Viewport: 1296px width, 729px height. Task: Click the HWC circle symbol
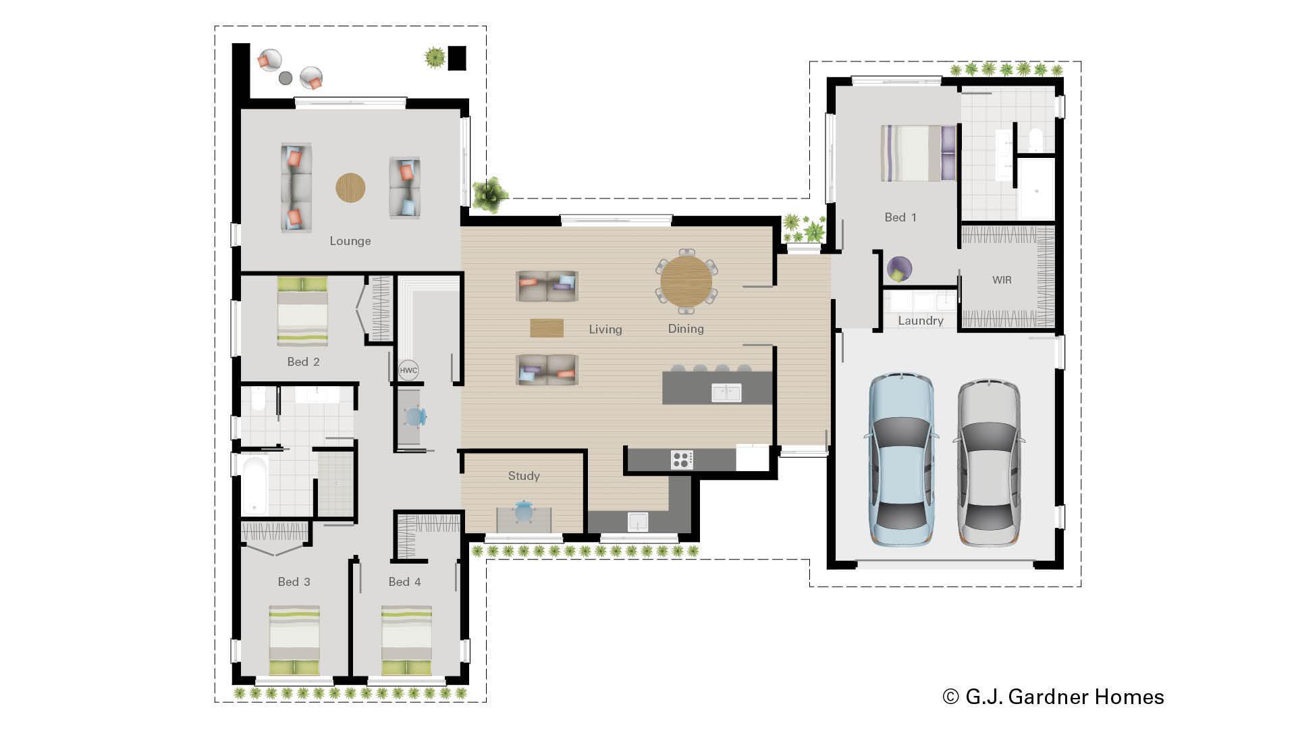408,370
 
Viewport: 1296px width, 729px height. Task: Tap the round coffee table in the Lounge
350,188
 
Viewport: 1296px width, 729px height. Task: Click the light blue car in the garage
902,459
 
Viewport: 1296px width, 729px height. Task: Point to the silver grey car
988,462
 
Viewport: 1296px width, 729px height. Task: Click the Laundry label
920,321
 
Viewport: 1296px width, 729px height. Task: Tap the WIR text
1002,279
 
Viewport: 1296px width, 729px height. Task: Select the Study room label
524,476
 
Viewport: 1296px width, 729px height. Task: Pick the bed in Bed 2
302,312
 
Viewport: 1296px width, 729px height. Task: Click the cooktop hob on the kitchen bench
682,460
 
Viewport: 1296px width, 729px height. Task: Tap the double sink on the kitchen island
726,392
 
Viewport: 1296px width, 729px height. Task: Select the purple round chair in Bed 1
899,269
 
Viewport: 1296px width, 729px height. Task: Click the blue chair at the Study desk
524,511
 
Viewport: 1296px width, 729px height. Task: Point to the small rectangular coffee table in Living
547,328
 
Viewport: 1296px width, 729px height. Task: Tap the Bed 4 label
404,582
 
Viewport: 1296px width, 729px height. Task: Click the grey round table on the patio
286,78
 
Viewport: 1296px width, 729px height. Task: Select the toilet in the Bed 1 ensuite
1035,140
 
